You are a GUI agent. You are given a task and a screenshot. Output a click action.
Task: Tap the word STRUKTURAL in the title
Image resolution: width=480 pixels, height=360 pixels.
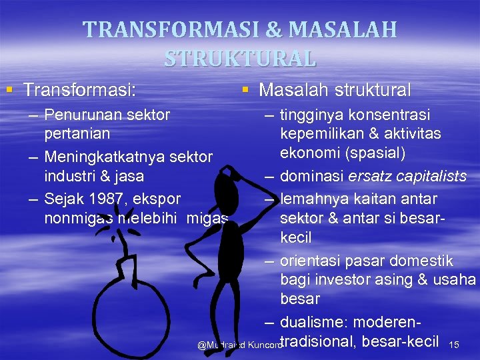240,59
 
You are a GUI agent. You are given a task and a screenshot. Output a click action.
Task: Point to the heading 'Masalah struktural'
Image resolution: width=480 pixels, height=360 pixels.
335,89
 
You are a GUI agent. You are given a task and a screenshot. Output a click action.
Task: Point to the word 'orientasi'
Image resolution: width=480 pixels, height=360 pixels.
309,261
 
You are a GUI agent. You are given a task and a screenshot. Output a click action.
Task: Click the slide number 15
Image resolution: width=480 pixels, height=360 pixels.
455,345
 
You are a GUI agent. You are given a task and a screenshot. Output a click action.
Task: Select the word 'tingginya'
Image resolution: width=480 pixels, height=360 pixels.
310,115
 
